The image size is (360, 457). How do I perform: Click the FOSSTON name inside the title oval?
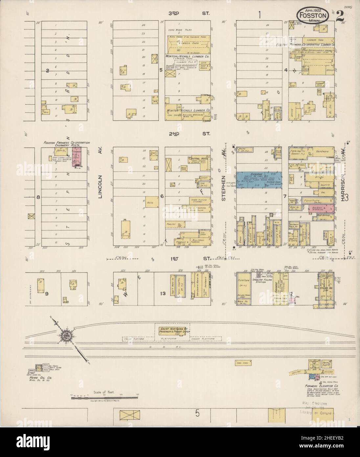(312, 15)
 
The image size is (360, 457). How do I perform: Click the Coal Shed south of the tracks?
(244, 363)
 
